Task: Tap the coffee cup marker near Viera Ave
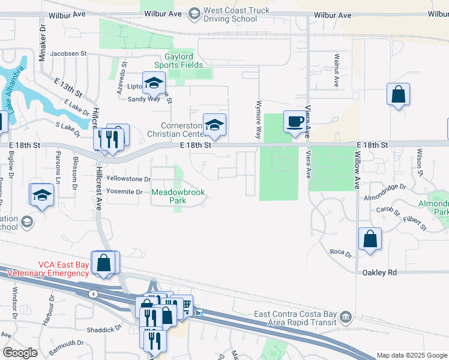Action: coord(294,122)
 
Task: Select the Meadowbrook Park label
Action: coord(178,197)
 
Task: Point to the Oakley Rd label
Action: coord(379,272)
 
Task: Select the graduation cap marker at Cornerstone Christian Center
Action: coord(214,125)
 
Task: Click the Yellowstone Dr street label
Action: coord(128,179)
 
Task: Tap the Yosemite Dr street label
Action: coord(124,192)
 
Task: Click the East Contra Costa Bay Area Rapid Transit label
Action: coord(297,319)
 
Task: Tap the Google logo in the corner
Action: coord(20,353)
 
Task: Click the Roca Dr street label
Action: coord(340,253)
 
